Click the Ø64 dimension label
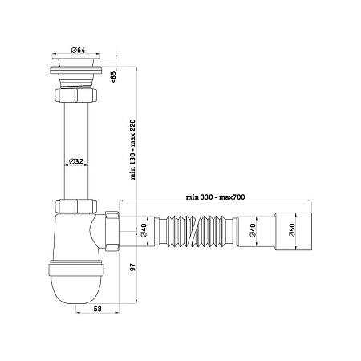[78, 50]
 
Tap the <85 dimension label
[113, 77]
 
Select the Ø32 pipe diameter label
[76, 161]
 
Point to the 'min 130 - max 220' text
[133, 149]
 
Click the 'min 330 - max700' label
[215, 197]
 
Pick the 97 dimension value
[133, 267]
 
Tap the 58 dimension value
[98, 309]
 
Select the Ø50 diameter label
[291, 230]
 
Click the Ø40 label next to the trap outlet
[144, 230]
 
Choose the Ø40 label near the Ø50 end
[252, 230]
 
